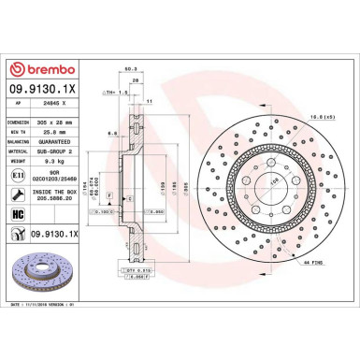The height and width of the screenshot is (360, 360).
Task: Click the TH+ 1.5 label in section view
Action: coord(111,93)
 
